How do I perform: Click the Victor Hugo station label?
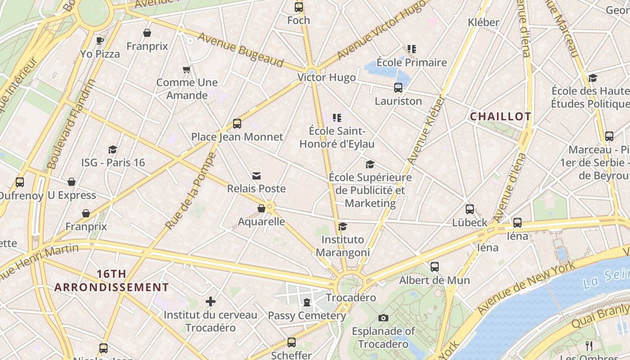pyautogui.click(x=326, y=77)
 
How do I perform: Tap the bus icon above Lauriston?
pyautogui.click(x=398, y=88)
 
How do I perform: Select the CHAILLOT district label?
pyautogui.click(x=500, y=117)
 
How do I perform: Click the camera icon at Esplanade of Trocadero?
pyautogui.click(x=383, y=318)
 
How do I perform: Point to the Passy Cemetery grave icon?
pyautogui.click(x=307, y=302)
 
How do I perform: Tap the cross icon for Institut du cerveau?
pyautogui.click(x=211, y=301)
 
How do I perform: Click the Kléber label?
pyautogui.click(x=483, y=22)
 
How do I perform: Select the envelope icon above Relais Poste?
pyautogui.click(x=256, y=175)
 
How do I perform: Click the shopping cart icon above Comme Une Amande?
pyautogui.click(x=187, y=69)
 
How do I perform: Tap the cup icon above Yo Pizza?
pyautogui.click(x=100, y=40)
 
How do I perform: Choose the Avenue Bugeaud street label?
pyautogui.click(x=241, y=49)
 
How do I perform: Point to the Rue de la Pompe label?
pyautogui.click(x=191, y=191)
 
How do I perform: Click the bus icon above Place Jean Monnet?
pyautogui.click(x=237, y=123)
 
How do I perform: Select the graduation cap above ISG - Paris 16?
pyautogui.click(x=113, y=149)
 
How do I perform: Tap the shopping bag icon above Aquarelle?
pyautogui.click(x=261, y=208)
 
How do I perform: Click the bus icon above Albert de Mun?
pyautogui.click(x=434, y=267)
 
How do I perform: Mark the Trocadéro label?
pyautogui.click(x=351, y=298)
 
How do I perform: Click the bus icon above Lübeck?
pyautogui.click(x=470, y=209)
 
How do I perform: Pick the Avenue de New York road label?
pyautogui.click(x=526, y=288)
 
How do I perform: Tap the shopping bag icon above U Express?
pyautogui.click(x=72, y=182)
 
